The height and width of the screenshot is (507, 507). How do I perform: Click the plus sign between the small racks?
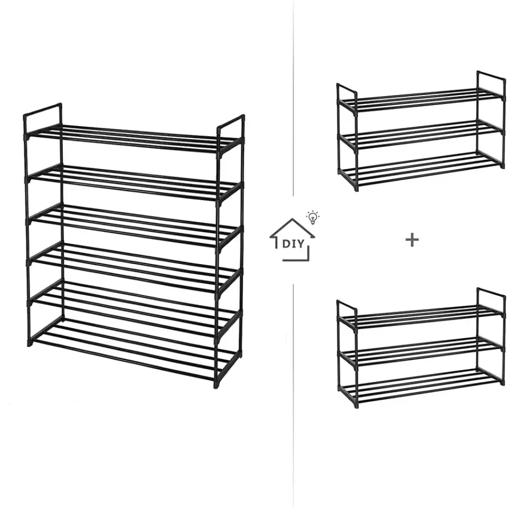click(412, 240)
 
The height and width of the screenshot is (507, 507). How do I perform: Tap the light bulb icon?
click(313, 217)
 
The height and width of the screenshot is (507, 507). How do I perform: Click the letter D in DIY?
click(286, 244)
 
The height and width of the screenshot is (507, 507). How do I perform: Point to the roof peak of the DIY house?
click(293, 219)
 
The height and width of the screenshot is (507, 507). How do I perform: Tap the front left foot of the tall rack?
click(30, 342)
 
